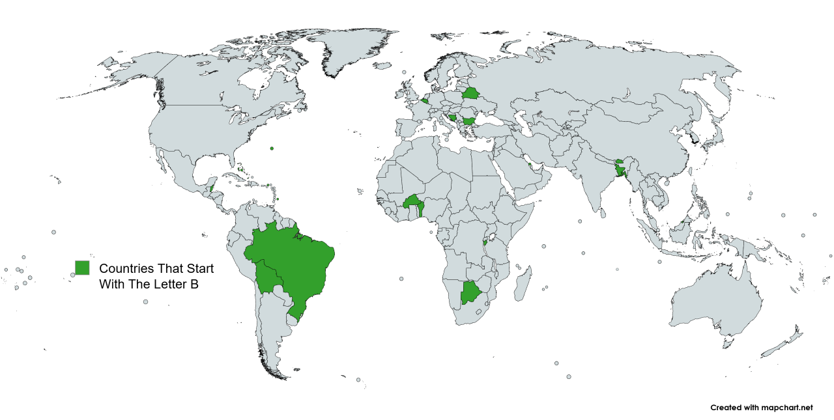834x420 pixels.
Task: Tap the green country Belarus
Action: coord(470,93)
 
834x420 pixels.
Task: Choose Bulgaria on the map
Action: coord(468,121)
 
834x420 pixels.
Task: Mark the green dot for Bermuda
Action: coord(272,148)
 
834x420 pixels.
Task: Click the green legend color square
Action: coord(82,268)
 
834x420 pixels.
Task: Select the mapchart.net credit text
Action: coord(762,408)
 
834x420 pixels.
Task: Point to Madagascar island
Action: coord(521,287)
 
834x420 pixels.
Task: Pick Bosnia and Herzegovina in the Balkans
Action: coord(452,118)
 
